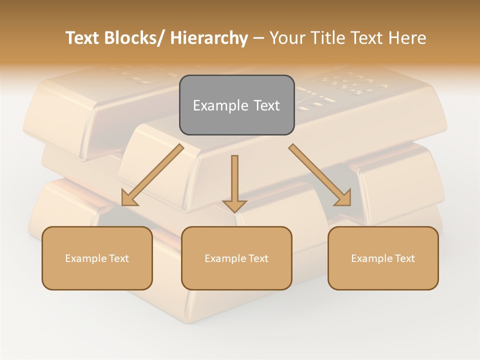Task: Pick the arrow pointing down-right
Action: click(320, 175)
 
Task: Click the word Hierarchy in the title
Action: click(209, 38)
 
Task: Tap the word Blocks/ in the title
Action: click(137, 38)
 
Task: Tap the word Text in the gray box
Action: click(266, 105)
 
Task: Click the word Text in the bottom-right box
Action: click(404, 258)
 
